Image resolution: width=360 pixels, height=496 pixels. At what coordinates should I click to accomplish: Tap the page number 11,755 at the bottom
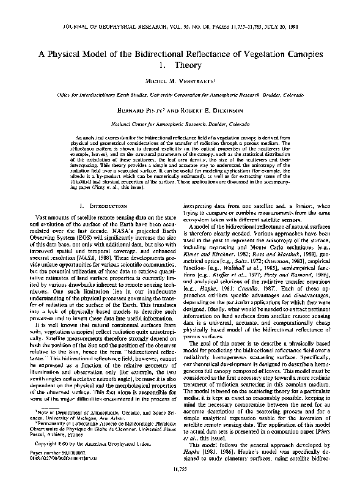click(x=180, y=485)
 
